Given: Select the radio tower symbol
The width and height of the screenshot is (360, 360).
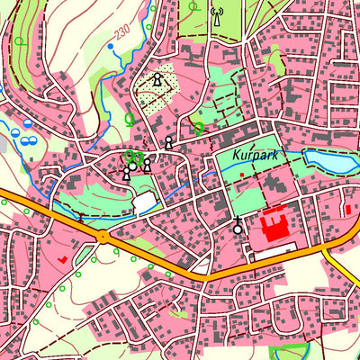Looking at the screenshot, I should [215, 14].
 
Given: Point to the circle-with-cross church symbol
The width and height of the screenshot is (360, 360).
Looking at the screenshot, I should [238, 229].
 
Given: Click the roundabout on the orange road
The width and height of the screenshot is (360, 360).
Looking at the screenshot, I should [103, 237].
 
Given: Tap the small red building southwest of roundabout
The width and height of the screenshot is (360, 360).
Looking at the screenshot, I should [63, 258].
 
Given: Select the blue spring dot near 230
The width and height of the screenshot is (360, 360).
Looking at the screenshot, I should [111, 45].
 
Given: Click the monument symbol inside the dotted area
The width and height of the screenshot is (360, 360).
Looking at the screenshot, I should [157, 81].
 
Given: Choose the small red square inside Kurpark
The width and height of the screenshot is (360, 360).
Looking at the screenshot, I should [241, 175].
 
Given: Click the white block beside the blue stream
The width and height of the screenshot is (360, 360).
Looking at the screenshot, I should [145, 203].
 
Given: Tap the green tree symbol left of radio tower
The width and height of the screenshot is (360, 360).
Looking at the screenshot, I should [192, 6].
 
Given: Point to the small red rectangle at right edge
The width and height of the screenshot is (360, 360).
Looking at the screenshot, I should [348, 210].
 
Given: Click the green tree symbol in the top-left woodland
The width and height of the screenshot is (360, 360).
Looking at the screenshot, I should [18, 40].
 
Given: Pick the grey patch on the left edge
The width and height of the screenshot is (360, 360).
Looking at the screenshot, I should [4, 144].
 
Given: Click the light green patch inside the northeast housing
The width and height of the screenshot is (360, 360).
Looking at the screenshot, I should [276, 63].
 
